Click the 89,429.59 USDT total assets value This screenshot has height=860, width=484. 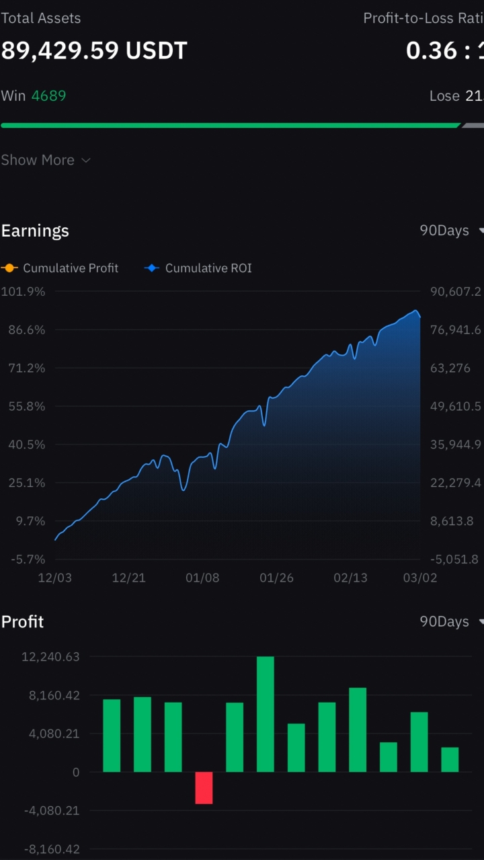click(x=94, y=50)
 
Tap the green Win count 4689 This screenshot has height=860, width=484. click(x=48, y=95)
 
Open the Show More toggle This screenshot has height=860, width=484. click(x=45, y=160)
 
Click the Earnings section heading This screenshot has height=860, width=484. click(x=35, y=231)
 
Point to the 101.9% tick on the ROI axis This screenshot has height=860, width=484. click(x=24, y=292)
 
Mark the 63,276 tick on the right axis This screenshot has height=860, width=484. click(x=450, y=368)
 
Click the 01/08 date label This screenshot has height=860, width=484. click(x=202, y=578)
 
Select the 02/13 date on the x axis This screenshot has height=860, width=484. click(x=350, y=578)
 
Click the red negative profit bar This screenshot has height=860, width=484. click(x=204, y=787)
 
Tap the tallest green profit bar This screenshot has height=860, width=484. click(x=266, y=714)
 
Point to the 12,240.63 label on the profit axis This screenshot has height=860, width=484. click(x=51, y=657)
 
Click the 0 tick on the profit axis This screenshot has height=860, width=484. click(x=75, y=773)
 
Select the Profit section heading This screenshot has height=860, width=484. click(x=22, y=622)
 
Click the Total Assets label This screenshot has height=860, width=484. click(x=40, y=18)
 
